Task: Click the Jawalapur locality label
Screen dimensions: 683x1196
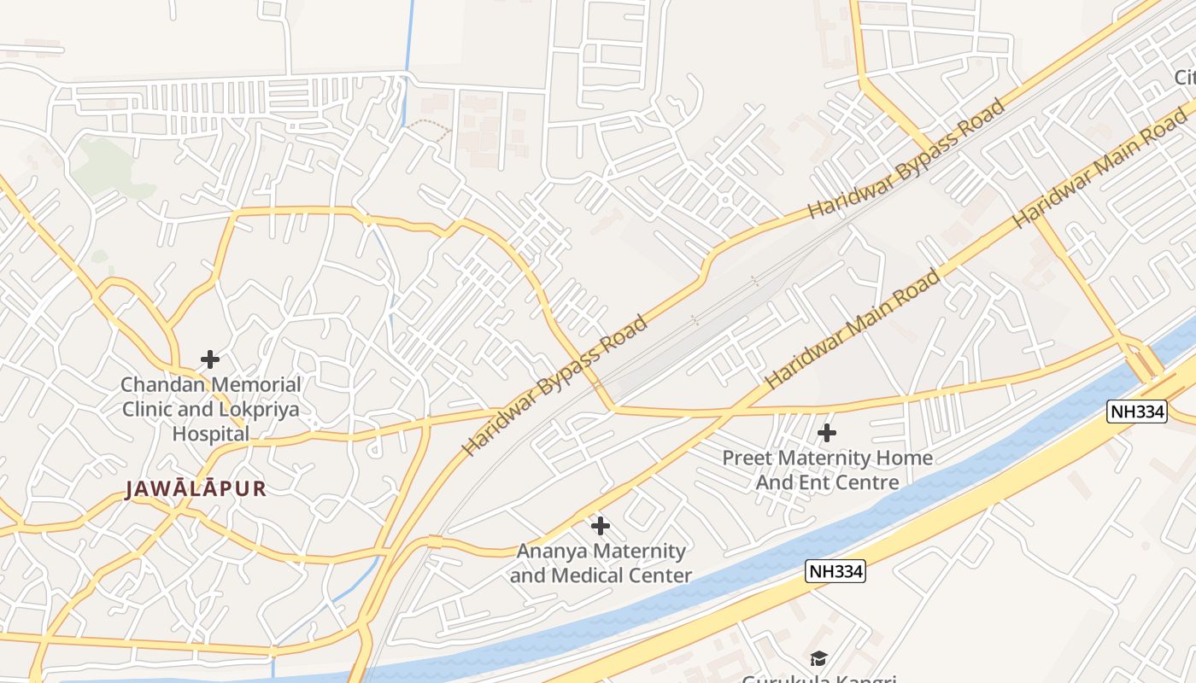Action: pos(196,489)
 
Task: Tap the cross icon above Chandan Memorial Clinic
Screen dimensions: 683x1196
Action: pos(209,359)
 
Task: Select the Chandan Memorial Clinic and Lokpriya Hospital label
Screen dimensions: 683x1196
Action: pos(210,409)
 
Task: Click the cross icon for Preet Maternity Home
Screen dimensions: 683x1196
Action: pos(826,433)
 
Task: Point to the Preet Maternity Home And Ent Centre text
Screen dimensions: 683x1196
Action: pos(827,470)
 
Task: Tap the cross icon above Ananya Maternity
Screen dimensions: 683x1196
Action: pos(601,526)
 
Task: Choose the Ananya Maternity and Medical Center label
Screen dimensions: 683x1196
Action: pos(601,563)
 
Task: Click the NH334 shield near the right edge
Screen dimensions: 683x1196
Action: pos(1137,412)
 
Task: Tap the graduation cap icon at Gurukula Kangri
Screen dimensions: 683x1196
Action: pos(818,658)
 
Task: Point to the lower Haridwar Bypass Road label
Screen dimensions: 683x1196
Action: pos(555,385)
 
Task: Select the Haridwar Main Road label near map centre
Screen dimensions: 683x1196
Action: pos(854,329)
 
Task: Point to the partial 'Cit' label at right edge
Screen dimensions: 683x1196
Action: pos(1184,78)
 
